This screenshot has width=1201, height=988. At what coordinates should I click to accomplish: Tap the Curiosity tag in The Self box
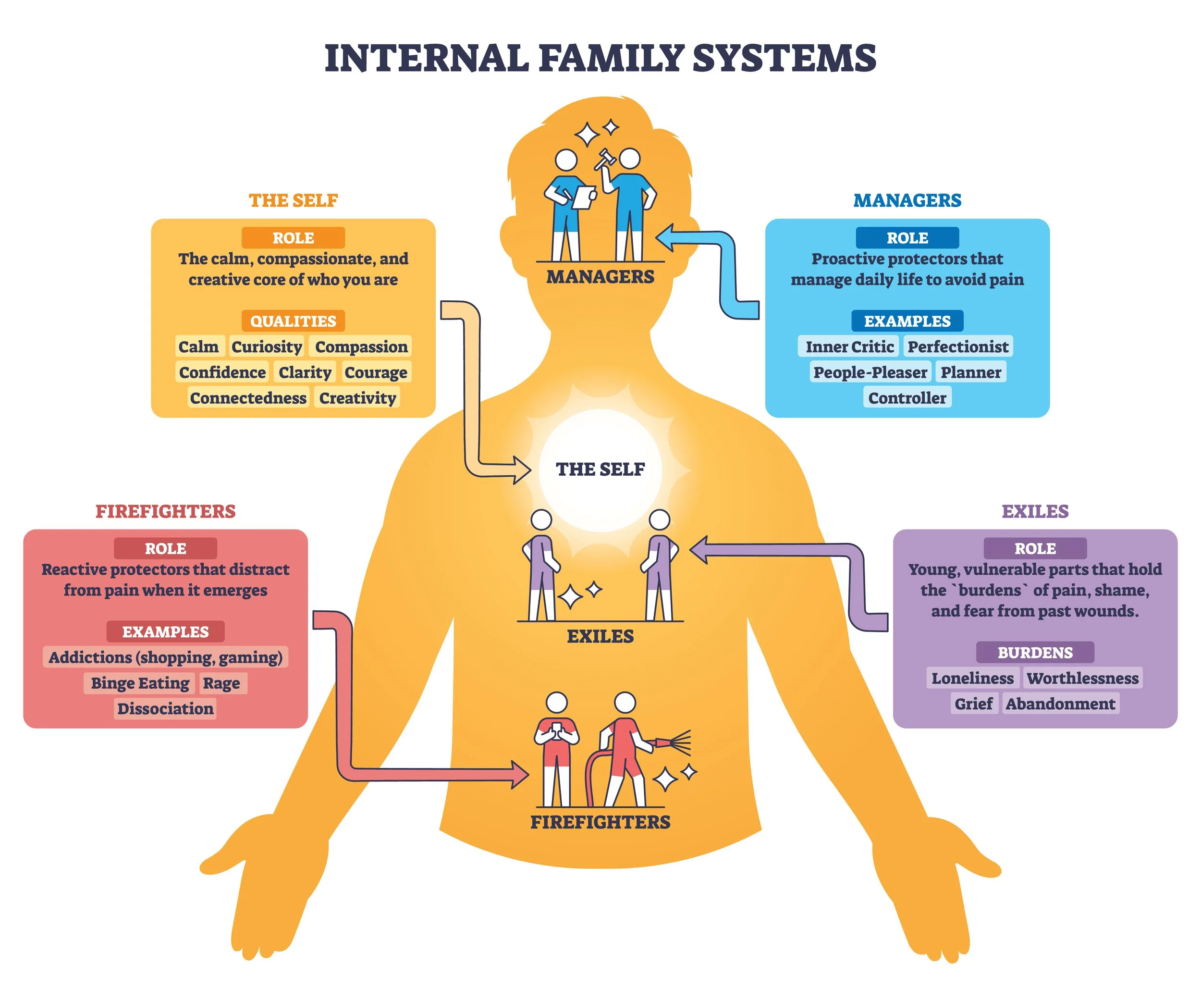[x=266, y=346]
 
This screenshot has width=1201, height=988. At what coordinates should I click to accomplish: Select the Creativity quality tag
[x=357, y=398]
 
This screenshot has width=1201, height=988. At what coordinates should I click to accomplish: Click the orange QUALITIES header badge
[x=293, y=321]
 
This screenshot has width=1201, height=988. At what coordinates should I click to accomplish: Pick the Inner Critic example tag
[x=849, y=346]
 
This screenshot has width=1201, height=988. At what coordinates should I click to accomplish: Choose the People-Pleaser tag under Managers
[x=870, y=372]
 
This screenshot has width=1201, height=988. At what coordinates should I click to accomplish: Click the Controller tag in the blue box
[x=907, y=398]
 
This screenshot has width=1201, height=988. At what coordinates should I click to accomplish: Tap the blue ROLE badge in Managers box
[x=907, y=238]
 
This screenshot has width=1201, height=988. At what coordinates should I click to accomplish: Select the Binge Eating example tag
[x=140, y=683]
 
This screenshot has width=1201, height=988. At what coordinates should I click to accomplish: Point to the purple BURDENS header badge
[x=1035, y=652]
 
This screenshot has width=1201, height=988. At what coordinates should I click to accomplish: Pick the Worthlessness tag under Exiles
[x=1083, y=678]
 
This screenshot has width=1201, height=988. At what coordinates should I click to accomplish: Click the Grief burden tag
[x=973, y=704]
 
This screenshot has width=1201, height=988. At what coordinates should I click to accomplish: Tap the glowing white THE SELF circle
[x=600, y=469]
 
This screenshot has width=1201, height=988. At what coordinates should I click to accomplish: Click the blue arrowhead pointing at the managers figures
[x=667, y=237]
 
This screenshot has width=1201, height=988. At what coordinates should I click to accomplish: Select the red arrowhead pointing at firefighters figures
[x=519, y=775]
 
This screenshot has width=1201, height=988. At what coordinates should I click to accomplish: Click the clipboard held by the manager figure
[x=583, y=198]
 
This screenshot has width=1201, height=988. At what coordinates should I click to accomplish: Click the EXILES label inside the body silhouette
[x=600, y=636]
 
